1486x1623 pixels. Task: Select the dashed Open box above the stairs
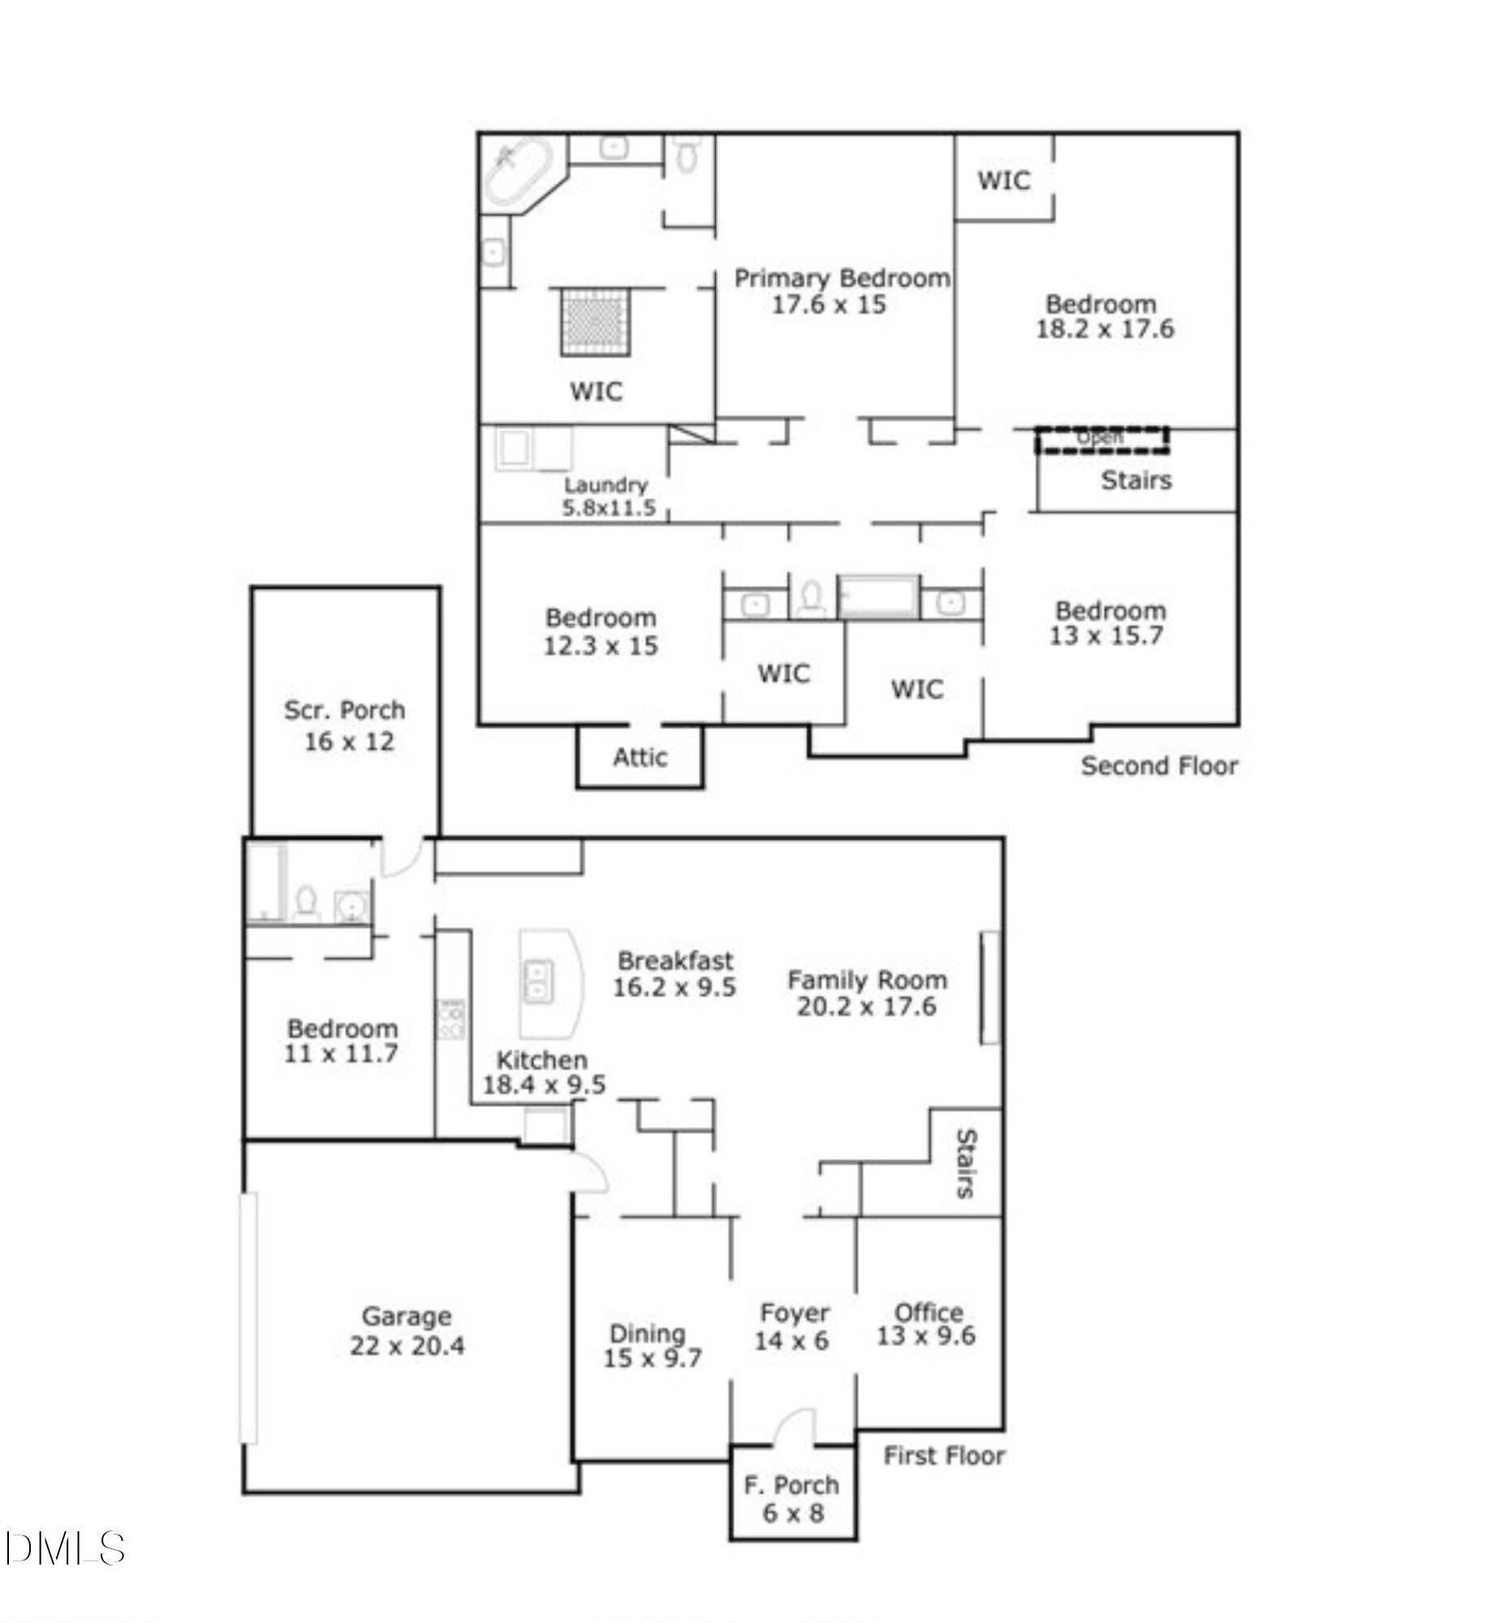coord(1101,439)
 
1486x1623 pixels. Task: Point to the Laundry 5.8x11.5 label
coord(607,497)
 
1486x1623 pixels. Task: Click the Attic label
coord(640,757)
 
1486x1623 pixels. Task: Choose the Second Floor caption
coord(1158,765)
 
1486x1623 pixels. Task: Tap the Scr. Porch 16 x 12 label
coord(345,725)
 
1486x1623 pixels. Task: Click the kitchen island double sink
coord(536,980)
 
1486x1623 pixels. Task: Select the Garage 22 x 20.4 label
coord(407,1331)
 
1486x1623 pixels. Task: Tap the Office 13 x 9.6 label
coord(927,1324)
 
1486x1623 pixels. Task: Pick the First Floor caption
coord(943,1455)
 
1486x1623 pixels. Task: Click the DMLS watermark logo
coord(65,1548)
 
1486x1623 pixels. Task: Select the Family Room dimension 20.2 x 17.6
coord(867,1006)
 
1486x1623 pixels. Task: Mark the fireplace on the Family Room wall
coord(989,987)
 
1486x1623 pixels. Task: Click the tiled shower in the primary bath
coord(597,321)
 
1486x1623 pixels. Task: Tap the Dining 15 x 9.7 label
coord(651,1345)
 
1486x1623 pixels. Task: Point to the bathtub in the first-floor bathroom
coord(265,883)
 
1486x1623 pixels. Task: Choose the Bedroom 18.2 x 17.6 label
coord(1103,316)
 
